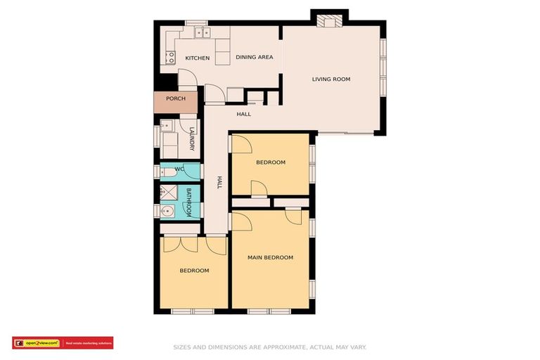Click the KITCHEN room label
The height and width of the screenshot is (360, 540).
(x=197, y=58)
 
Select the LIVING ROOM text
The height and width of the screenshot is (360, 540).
(x=330, y=79)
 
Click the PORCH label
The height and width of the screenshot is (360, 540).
(x=175, y=98)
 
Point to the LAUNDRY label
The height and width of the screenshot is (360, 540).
(x=191, y=139)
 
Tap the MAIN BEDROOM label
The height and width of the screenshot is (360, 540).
(x=270, y=257)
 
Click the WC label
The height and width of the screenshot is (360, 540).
(x=179, y=169)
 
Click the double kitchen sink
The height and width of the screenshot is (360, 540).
(x=202, y=32)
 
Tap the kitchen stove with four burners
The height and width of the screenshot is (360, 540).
(x=170, y=58)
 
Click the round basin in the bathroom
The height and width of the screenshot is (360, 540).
(x=167, y=212)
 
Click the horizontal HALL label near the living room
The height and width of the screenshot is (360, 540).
(x=243, y=114)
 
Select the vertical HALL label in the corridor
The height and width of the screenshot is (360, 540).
(x=219, y=182)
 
